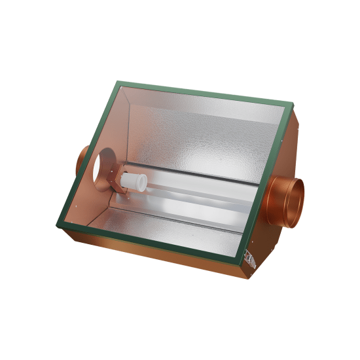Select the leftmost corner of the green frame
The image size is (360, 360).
[x=58, y=222]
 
